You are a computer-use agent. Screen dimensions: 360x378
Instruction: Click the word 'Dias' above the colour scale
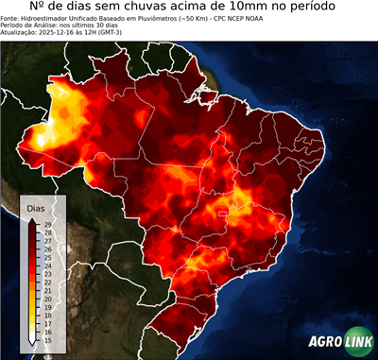pyautogui.click(x=36, y=207)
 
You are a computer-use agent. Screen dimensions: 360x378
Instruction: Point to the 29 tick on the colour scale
pyautogui.click(x=47, y=223)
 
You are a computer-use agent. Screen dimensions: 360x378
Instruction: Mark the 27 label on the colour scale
pyautogui.click(x=47, y=240)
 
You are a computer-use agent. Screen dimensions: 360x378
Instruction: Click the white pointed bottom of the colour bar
pyautogui.click(x=32, y=338)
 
